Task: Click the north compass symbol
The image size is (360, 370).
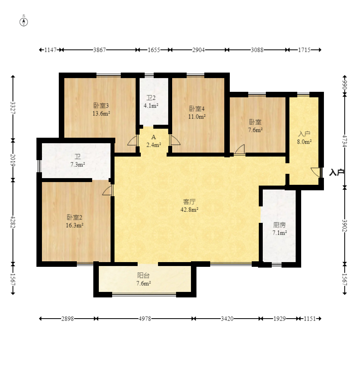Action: (x=24, y=22)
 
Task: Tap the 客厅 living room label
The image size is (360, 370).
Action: (x=189, y=202)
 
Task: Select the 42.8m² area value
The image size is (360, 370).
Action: (x=189, y=210)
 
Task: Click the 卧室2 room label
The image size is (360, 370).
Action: (x=75, y=217)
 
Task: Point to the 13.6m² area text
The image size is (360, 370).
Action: (x=101, y=113)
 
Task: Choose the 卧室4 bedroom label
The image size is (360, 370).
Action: (x=197, y=109)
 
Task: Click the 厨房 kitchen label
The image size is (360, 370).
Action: (x=280, y=225)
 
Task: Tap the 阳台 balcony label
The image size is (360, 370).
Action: (x=144, y=275)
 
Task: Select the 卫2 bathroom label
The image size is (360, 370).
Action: (x=151, y=98)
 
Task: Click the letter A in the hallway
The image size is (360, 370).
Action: (x=154, y=137)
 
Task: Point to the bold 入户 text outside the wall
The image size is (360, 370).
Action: (x=336, y=173)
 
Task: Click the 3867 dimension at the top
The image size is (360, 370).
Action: (x=99, y=50)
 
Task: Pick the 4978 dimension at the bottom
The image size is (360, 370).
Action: (x=145, y=319)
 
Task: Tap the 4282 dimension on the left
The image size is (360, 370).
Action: (x=13, y=222)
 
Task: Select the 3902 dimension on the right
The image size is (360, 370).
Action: (x=345, y=226)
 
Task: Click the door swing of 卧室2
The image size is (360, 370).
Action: (x=107, y=190)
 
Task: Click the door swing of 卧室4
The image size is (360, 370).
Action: (x=175, y=140)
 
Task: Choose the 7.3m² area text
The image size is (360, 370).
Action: (x=78, y=164)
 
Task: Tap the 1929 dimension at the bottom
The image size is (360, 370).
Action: (x=280, y=319)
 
